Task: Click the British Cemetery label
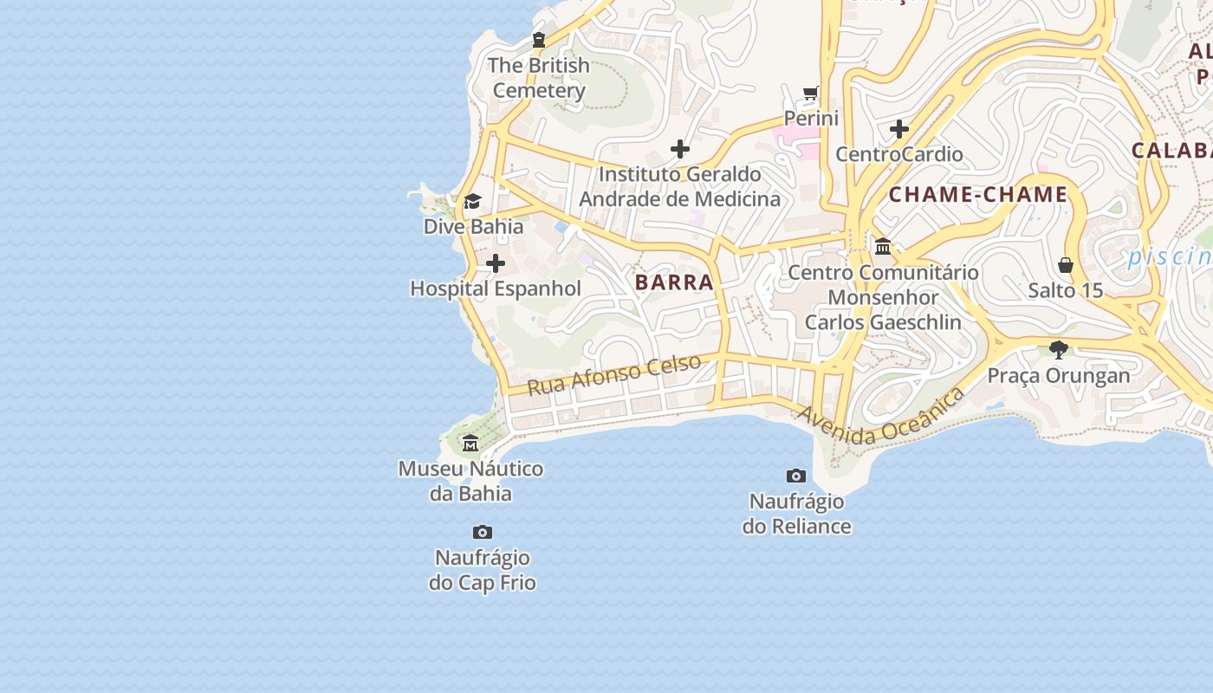(539, 78)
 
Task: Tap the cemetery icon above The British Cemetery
(539, 39)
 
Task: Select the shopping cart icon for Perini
(810, 93)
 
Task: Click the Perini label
(811, 118)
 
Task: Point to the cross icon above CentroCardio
(899, 129)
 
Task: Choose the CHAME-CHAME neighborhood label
(978, 194)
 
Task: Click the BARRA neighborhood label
(674, 282)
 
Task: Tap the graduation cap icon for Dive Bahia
(472, 202)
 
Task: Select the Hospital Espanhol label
(496, 288)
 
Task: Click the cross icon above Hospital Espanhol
(496, 263)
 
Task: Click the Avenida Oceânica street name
(881, 418)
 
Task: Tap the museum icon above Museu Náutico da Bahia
(470, 444)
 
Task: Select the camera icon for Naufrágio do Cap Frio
(483, 532)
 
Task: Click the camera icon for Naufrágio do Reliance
(796, 476)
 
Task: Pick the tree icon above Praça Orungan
(1058, 350)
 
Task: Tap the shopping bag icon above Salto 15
(1066, 265)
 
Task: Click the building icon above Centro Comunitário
(883, 247)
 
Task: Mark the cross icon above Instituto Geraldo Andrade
(680, 149)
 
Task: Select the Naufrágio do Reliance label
(796, 514)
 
